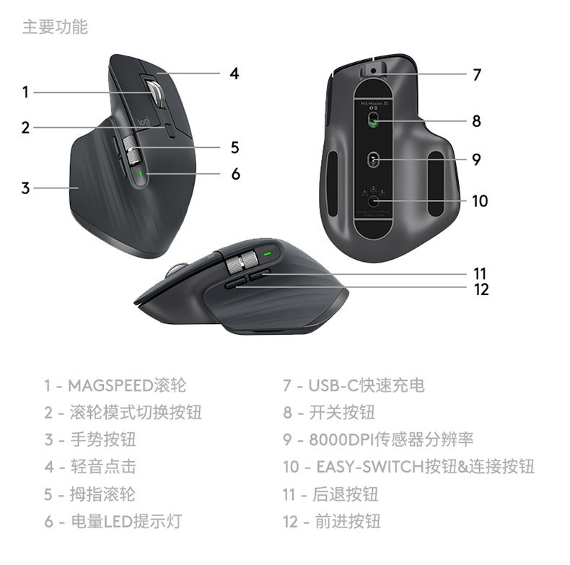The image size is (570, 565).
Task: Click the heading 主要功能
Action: [x=55, y=27]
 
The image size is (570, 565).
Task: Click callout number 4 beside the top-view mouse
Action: [x=234, y=74]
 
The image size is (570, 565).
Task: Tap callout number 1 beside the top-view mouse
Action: [x=25, y=92]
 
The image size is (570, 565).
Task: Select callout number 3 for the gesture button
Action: [x=25, y=188]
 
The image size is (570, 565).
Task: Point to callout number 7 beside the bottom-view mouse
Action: [x=477, y=74]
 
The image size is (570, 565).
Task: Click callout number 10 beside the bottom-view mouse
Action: [x=480, y=201]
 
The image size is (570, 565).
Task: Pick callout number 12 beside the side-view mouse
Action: [x=481, y=290]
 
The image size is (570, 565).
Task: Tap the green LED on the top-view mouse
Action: [x=140, y=174]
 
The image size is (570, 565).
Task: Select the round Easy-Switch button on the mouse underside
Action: [x=373, y=201]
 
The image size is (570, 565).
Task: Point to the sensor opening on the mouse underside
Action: [x=373, y=159]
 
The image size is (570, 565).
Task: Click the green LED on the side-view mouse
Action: [x=267, y=253]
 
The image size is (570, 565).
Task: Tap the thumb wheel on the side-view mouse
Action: [x=242, y=262]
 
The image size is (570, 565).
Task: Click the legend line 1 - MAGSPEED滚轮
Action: [x=115, y=386]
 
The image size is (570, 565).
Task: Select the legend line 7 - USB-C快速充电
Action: [x=354, y=386]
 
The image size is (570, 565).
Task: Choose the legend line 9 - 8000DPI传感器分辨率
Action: [x=378, y=439]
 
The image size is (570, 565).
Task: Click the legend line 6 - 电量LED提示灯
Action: [x=113, y=522]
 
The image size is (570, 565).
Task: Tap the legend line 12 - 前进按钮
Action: [x=331, y=522]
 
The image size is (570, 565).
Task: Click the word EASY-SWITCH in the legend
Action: [x=370, y=467]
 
